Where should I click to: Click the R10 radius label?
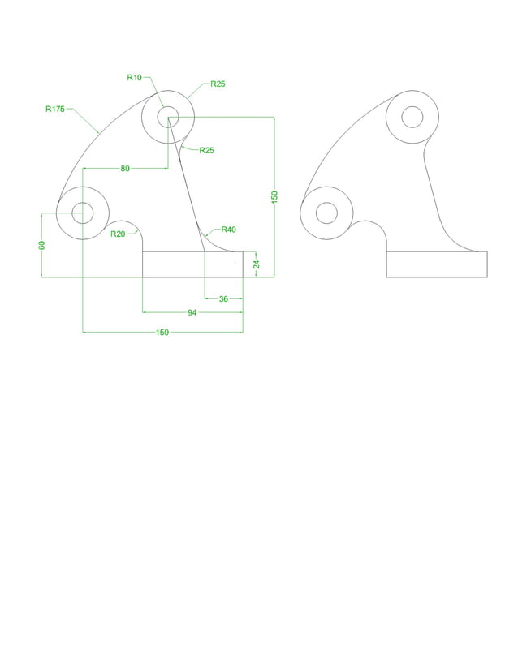[x=134, y=78]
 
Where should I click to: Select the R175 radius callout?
[x=55, y=108]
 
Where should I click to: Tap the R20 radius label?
[x=118, y=234]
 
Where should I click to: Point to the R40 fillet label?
[x=227, y=230]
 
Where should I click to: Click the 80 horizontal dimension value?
[x=125, y=169]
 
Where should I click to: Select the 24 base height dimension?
[x=257, y=264]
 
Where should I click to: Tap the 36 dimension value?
[x=223, y=298]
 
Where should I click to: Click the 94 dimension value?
[x=192, y=312]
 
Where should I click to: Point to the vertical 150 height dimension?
[x=274, y=196]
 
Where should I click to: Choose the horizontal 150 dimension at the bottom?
[x=162, y=332]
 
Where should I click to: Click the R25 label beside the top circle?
[x=218, y=84]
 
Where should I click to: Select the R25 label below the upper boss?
[x=206, y=151]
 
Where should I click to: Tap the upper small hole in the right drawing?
[x=412, y=117]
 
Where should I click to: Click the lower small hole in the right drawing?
[x=326, y=213]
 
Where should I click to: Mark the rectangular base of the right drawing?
[x=436, y=264]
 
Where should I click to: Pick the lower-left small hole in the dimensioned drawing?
[x=83, y=213]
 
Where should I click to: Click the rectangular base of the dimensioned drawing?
[x=192, y=264]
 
